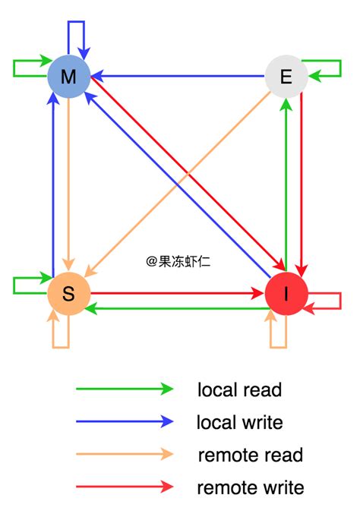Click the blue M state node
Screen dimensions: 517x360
click(x=69, y=76)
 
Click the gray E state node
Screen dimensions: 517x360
click(x=286, y=76)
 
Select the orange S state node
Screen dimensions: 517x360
click(x=68, y=295)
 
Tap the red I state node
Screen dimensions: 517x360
click(x=286, y=295)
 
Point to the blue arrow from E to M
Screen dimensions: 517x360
click(x=178, y=76)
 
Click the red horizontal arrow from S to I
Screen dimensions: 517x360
click(x=175, y=292)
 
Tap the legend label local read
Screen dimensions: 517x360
click(x=239, y=390)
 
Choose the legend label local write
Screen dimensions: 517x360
click(x=239, y=421)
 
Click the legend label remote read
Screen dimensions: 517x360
click(x=250, y=455)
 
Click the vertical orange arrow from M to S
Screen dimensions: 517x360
click(x=68, y=182)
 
